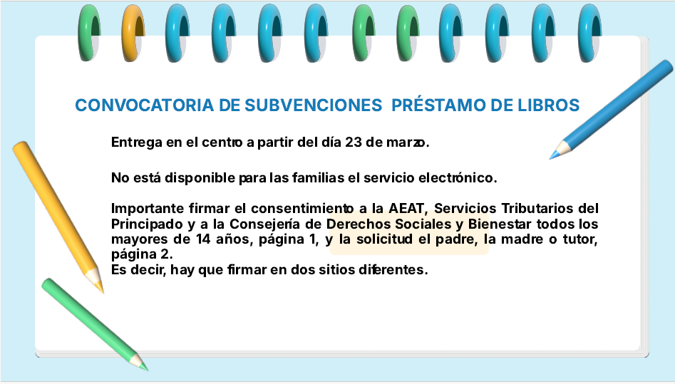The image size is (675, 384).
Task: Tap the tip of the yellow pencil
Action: point(103,293)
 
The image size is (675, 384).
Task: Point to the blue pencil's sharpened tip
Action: point(550,158)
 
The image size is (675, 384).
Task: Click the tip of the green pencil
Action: point(148,370)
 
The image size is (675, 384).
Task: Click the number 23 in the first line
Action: point(354,142)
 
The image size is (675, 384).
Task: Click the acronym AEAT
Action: point(407,208)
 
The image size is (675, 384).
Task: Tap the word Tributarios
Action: point(537,208)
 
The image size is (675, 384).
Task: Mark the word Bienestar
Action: point(500,224)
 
